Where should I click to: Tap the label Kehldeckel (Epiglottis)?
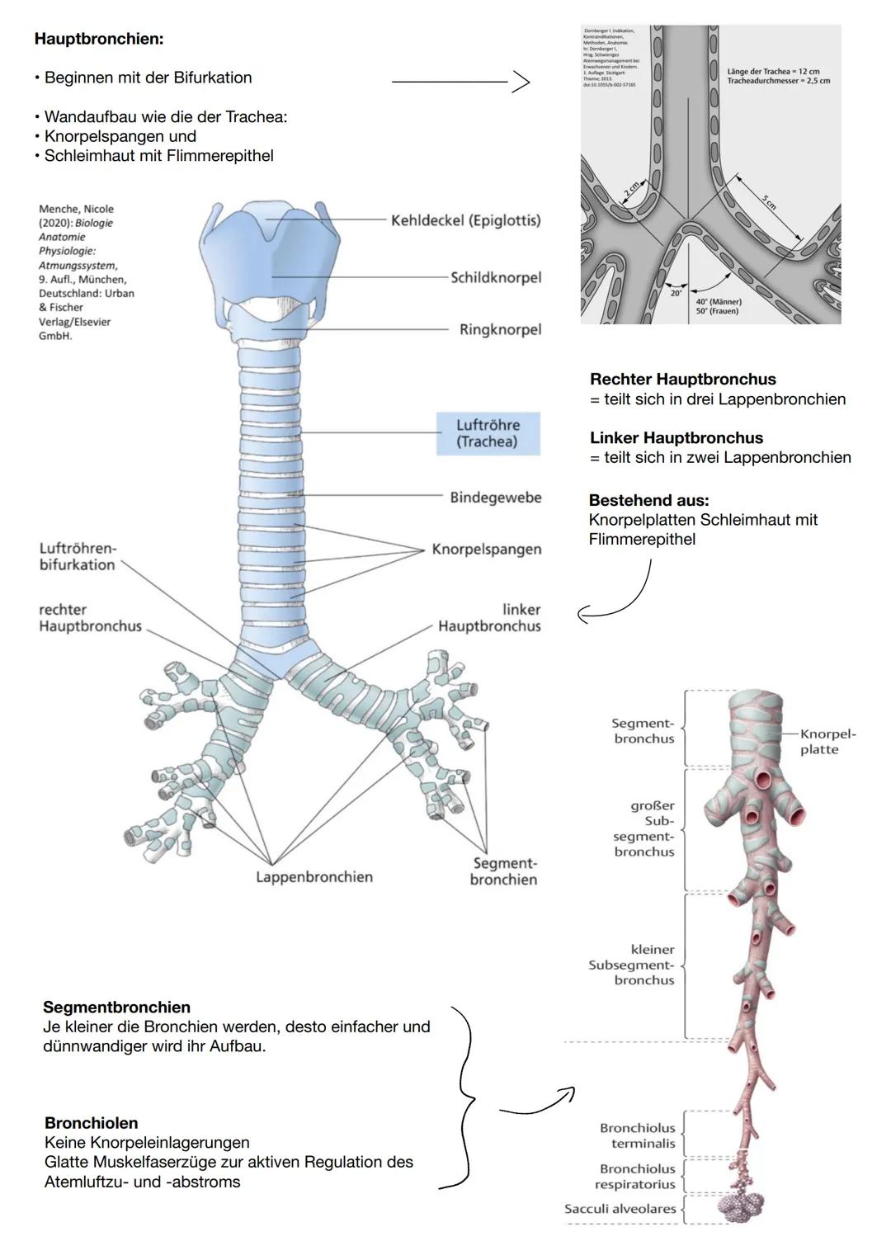pos(465,220)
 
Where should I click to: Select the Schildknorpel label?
pos(496,277)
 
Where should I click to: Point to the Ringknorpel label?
pos(500,329)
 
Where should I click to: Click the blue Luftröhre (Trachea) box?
pos(488,433)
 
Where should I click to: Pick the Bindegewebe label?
pos(495,498)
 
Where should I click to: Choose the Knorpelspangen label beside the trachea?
pos(487,550)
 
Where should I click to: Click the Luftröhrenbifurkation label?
pos(78,557)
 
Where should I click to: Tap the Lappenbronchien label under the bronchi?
pos(313,877)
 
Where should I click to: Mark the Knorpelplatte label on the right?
pos(827,742)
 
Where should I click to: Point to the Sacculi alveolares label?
pos(620,1209)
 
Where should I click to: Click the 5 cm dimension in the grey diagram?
pos(768,202)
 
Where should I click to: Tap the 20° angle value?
pos(676,293)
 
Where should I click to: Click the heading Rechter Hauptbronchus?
pos(682,380)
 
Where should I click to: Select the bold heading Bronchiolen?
pos(91,1123)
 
